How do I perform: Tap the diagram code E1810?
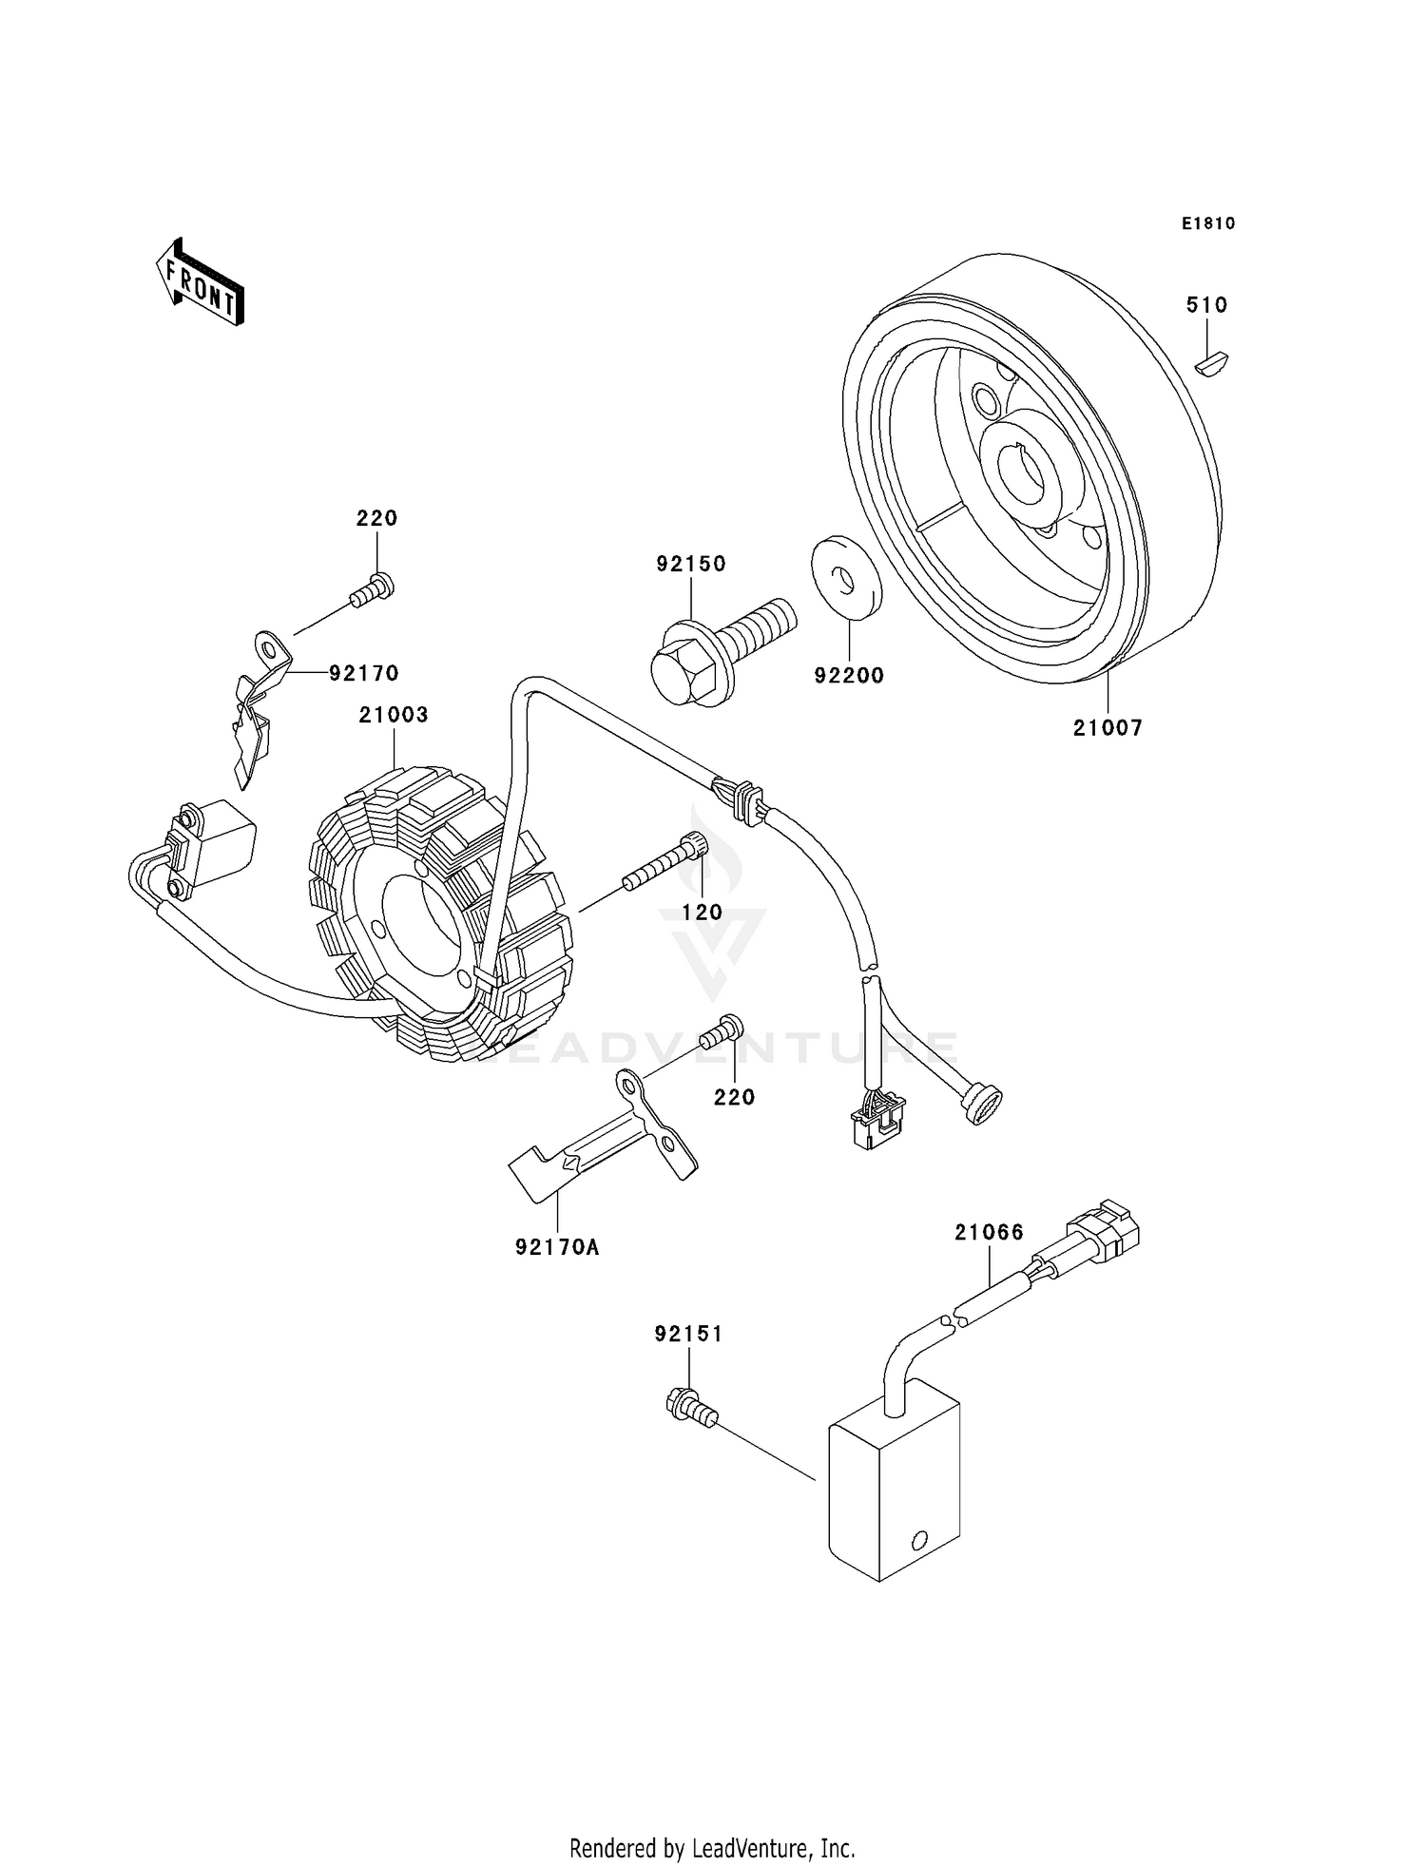1208,223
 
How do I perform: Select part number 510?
1206,305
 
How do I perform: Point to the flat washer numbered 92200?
845,578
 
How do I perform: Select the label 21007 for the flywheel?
1108,728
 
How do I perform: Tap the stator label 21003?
394,714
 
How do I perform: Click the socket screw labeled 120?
665,860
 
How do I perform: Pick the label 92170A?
557,1247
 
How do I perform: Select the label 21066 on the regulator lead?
990,1232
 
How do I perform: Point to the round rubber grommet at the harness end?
981,1106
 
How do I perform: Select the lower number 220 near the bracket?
734,1097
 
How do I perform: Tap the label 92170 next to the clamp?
363,673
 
